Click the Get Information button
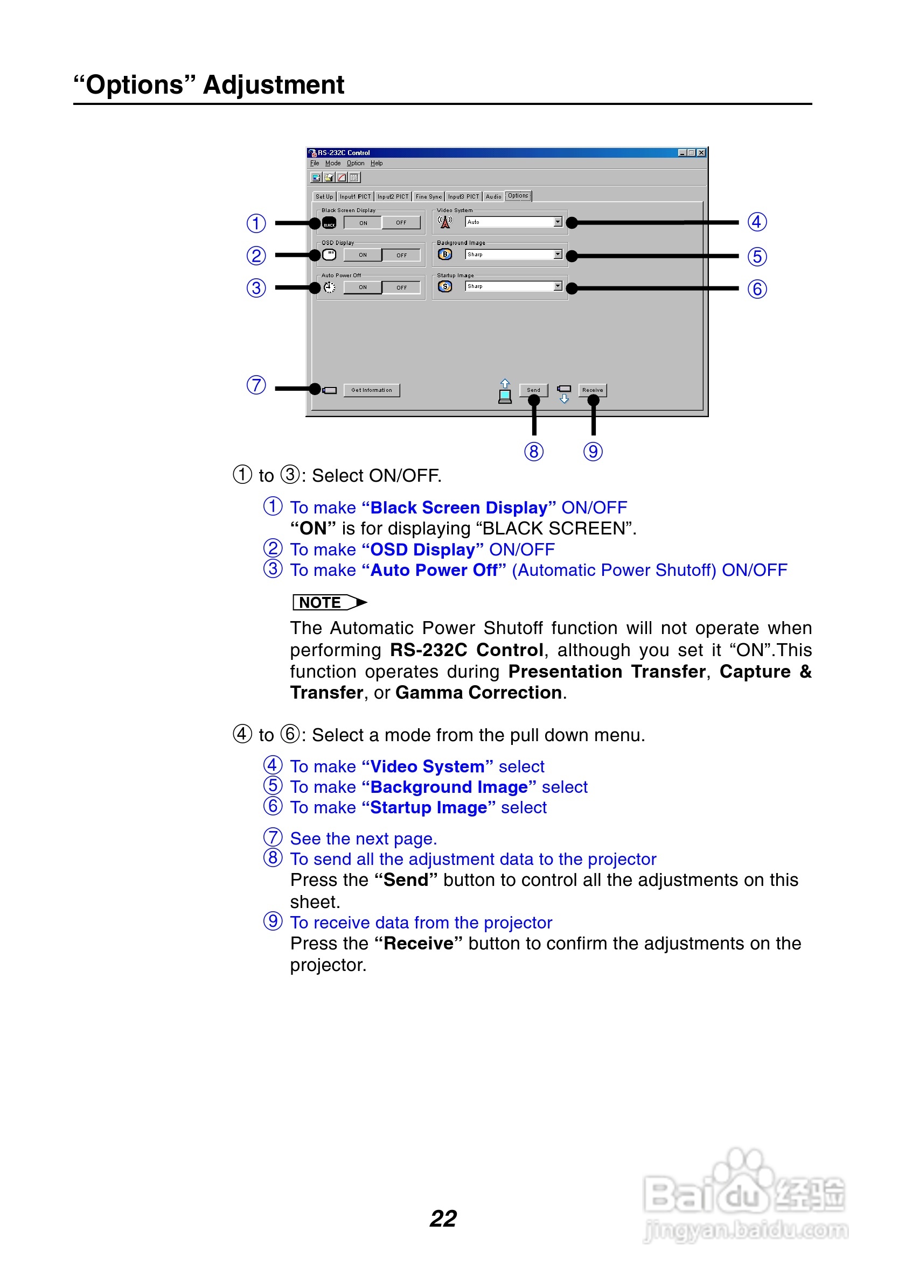tap(371, 390)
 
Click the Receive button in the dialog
tap(593, 390)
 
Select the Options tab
tap(518, 196)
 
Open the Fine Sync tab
tap(428, 196)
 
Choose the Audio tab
tap(493, 196)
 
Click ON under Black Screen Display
tap(363, 223)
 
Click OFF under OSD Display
tap(401, 255)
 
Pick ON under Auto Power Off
tap(363, 287)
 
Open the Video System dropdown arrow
tap(558, 222)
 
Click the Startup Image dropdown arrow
tap(558, 286)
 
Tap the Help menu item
tap(377, 164)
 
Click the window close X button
tap(702, 153)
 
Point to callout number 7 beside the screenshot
tap(256, 385)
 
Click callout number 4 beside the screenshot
tap(756, 222)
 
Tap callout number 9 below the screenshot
tap(593, 452)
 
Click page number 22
tap(443, 1219)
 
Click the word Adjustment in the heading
tap(274, 86)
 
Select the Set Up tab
tap(324, 196)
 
